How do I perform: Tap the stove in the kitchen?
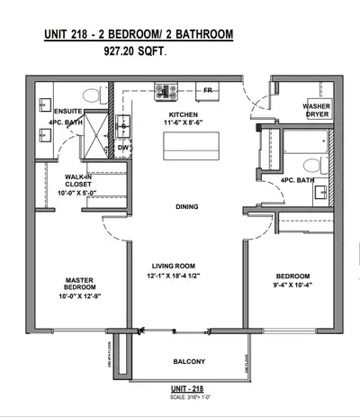coord(166,89)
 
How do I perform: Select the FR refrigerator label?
coord(207,90)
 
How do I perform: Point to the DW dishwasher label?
coord(123,147)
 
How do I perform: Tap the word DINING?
coord(186,207)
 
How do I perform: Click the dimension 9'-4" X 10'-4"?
coord(292,286)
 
